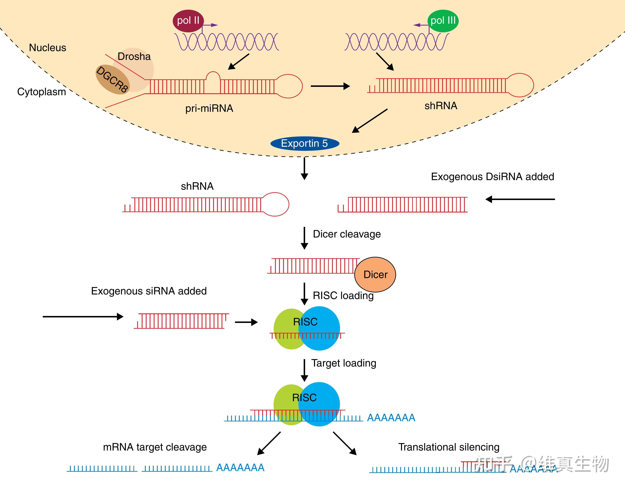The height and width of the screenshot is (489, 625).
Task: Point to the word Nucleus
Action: [x=48, y=48]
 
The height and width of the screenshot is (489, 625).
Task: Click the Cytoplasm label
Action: [x=42, y=92]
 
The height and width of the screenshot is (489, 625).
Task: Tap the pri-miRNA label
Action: [x=209, y=108]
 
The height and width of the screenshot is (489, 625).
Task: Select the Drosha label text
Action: [x=134, y=56]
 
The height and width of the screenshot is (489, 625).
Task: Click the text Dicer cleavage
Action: [x=347, y=234]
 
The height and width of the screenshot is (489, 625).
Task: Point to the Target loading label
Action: [x=344, y=363]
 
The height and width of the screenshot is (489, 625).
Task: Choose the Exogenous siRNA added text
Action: [x=149, y=291]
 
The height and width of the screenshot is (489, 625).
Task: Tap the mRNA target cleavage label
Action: [x=155, y=447]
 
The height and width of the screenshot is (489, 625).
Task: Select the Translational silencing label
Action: [x=449, y=447]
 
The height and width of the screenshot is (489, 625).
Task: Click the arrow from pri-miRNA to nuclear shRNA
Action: [x=330, y=86]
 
